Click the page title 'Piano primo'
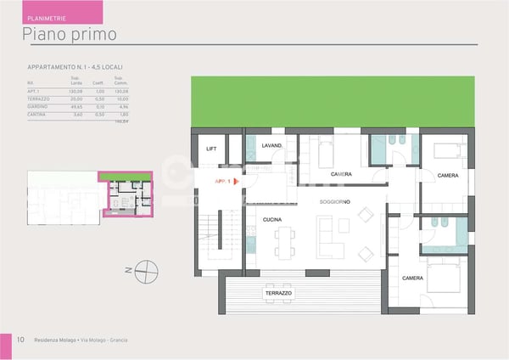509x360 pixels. point(70,34)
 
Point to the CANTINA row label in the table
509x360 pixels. point(37,114)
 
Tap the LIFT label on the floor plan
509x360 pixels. point(211,149)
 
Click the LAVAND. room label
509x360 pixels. point(271,146)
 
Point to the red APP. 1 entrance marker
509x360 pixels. point(226,181)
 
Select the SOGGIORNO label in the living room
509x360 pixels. point(335,201)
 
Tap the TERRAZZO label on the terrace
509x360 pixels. point(277,292)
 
